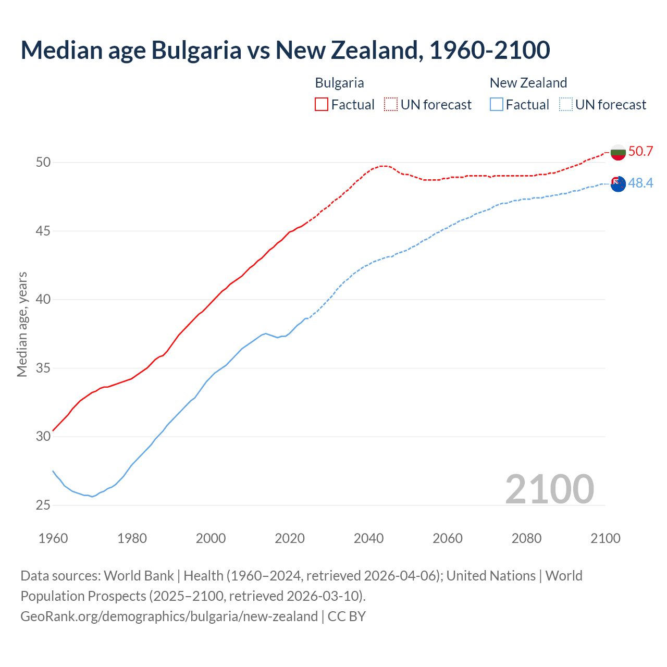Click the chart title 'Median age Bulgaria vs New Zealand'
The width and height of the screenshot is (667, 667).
pos(285,50)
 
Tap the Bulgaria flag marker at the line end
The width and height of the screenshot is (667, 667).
pos(618,153)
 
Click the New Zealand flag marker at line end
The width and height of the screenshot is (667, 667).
pos(618,184)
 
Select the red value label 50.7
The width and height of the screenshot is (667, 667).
pos(640,152)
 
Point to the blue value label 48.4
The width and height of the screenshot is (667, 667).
pos(640,183)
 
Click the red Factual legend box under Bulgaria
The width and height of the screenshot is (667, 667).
pos(322,105)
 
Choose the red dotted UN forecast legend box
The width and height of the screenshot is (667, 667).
pos(391,105)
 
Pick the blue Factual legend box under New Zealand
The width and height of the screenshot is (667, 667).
pos(497,105)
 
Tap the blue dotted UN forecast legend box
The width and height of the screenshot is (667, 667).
pos(566,105)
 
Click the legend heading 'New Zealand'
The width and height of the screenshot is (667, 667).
pos(528,83)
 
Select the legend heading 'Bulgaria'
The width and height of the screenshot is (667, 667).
pos(339,83)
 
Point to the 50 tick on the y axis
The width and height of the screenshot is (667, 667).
pos(43,163)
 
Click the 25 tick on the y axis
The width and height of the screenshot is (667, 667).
pos(43,505)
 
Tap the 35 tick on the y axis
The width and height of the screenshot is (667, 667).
pos(43,368)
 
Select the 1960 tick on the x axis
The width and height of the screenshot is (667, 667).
pos(53,538)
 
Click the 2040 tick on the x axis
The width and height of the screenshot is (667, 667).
pos(368,538)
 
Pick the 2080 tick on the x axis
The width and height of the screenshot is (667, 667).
pos(526,538)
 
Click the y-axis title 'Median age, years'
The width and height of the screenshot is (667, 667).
pos(22,324)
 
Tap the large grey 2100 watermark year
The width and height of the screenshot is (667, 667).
pos(549,489)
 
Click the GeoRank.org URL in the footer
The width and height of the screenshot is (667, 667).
pos(169,616)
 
